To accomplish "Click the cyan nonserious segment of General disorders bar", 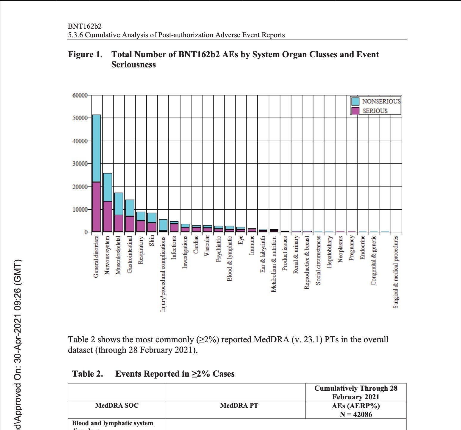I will click(96, 148).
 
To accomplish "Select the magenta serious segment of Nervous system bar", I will click(107, 216).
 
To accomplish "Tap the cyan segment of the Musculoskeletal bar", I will click(119, 204).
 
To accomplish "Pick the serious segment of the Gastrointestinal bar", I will click(130, 224).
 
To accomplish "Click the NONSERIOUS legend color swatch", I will click(355, 101).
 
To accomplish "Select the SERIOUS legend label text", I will click(375, 111).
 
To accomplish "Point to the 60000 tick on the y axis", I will click(80, 95).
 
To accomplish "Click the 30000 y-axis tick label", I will click(80, 164).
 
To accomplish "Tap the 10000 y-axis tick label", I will click(80, 209).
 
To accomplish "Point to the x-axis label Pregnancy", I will click(351, 248).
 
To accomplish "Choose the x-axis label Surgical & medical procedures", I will click(395, 272).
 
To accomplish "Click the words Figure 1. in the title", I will click(85, 55).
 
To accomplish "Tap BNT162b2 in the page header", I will click(85, 26).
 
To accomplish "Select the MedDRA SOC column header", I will click(117, 406).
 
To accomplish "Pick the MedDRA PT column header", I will click(239, 406).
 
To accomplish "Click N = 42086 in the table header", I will click(356, 414).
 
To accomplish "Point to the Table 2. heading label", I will click(88, 374).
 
